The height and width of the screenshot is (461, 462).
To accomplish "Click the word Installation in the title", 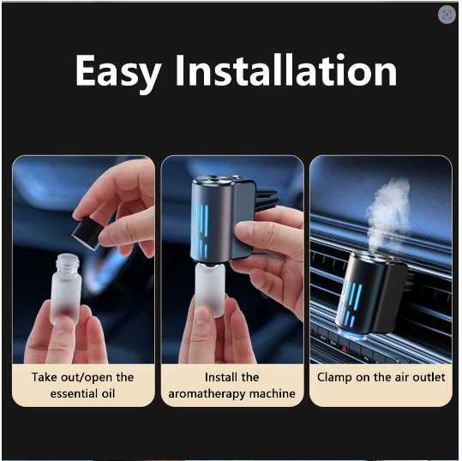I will pos(285,72).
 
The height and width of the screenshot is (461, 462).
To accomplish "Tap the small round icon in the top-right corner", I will pos(446,15).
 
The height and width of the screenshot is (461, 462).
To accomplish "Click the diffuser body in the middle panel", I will pos(214,219).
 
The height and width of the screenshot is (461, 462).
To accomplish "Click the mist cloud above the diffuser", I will pos(388,210).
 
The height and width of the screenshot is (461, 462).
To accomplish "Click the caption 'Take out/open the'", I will pos(83,377).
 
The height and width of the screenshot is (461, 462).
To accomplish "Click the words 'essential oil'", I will pos(83,394).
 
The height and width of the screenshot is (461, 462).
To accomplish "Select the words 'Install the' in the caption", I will pos(231,377).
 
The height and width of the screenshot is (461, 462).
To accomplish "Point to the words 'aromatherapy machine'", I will pos(231,394).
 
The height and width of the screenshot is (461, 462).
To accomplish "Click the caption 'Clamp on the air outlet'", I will pos(381,377).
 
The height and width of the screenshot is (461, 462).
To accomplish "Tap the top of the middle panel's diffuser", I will pos(213,183).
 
